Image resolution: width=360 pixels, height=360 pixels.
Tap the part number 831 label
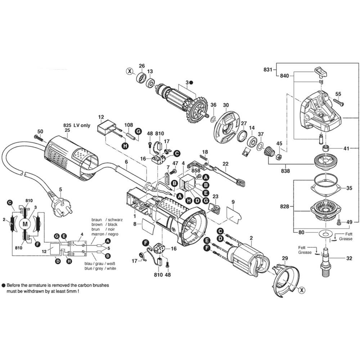(x=268, y=69)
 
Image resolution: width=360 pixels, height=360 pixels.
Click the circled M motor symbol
(x=25, y=224)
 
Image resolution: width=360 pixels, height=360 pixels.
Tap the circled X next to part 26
(x=130, y=71)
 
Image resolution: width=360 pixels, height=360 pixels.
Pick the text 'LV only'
(x=82, y=125)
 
